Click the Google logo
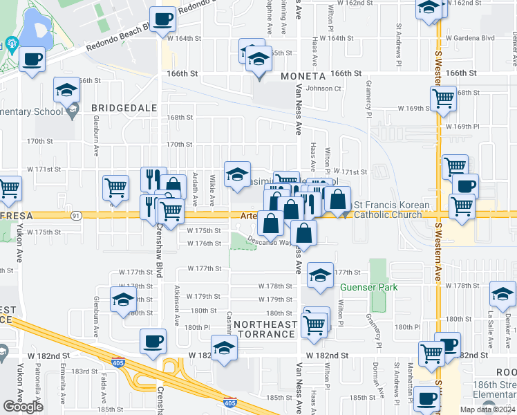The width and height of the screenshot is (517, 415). point(23,407)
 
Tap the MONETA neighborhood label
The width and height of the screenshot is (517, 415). point(302,75)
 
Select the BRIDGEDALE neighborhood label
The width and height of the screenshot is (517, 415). point(120,108)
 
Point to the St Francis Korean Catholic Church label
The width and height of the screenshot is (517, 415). point(391,210)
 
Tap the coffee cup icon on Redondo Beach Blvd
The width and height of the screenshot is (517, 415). point(162,20)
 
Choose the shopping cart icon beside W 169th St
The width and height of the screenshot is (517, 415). point(442,98)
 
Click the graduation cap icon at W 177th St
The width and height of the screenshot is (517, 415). point(319,275)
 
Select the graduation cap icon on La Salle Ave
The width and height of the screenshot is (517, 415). point(502,293)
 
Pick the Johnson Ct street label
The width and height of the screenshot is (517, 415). point(323,89)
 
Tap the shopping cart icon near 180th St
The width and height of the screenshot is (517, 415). point(316,323)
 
